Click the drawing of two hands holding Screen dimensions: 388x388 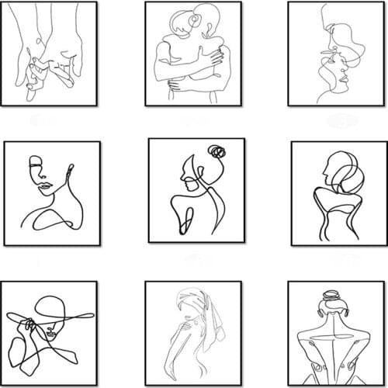[49, 54]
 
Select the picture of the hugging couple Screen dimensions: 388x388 [193, 54]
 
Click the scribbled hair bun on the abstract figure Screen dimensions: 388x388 [217, 151]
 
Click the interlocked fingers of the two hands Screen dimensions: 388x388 [35, 74]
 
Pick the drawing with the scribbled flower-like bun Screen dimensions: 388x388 [196, 190]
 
